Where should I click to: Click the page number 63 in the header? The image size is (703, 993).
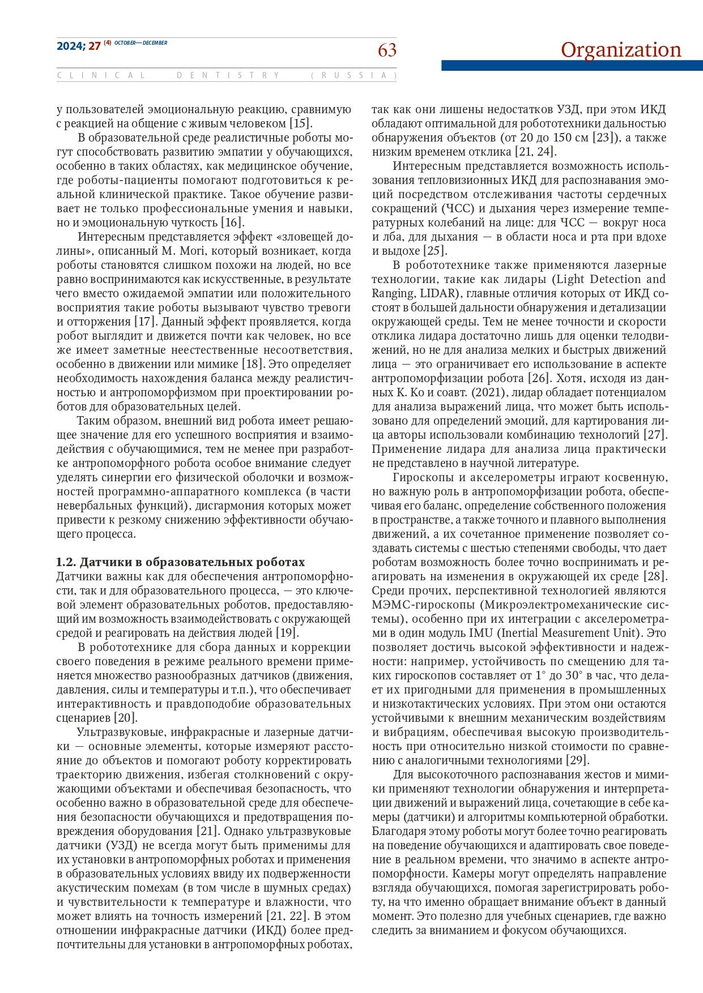(387, 51)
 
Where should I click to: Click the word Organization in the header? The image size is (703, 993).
(621, 50)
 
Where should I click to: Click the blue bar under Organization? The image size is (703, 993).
(572, 66)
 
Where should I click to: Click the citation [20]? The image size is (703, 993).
(125, 718)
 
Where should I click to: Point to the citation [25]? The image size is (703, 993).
(434, 251)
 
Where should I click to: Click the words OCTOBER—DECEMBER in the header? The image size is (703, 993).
(140, 42)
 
